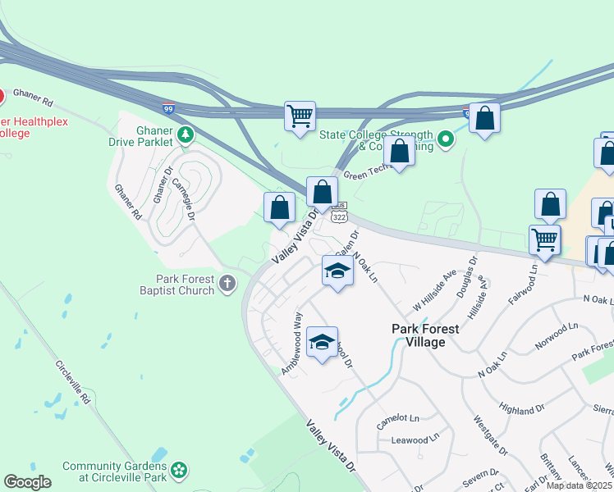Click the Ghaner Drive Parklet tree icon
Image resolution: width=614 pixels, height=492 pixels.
pos(186,133)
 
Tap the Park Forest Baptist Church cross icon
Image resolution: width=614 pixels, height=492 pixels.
pos(227,284)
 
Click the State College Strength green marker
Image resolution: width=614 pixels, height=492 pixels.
pos(446,139)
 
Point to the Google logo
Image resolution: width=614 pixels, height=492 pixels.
pos(27,481)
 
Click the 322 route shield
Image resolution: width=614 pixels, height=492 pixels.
pos(339,217)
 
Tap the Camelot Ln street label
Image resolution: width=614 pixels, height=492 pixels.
pos(397,421)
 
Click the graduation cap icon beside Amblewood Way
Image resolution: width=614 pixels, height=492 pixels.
pos(322,342)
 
